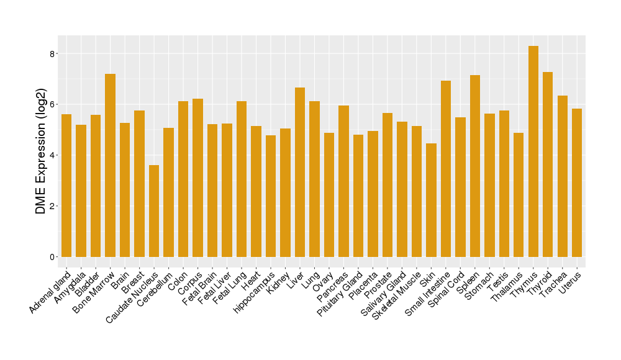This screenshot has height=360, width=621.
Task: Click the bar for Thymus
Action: [533, 151]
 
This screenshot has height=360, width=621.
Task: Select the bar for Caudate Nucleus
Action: [154, 211]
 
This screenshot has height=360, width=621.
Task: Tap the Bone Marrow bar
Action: [110, 165]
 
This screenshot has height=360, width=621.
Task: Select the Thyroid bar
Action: [548, 164]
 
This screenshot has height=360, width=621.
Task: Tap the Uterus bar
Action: [577, 182]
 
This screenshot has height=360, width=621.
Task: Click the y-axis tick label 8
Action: [52, 53]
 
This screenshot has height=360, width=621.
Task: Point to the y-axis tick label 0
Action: [52, 257]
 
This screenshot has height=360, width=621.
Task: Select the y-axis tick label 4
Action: [52, 155]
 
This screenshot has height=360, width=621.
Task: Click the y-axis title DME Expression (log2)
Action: [41, 155]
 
